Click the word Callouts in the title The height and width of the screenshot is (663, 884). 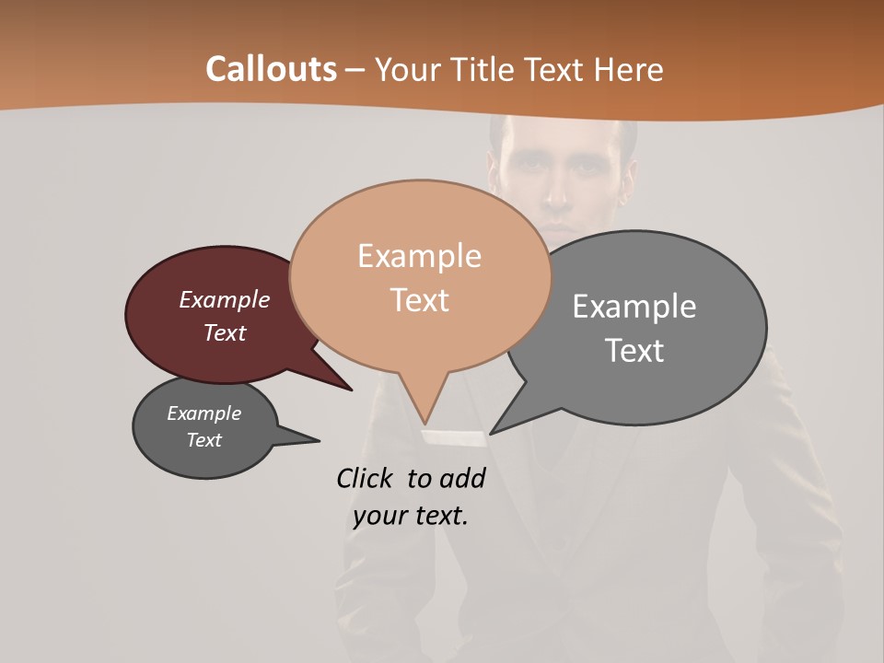(x=271, y=69)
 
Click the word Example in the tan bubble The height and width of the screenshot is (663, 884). (x=419, y=255)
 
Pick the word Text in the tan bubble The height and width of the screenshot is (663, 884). (x=419, y=299)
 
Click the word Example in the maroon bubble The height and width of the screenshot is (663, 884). (x=224, y=299)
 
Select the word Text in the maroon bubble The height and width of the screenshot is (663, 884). (x=224, y=332)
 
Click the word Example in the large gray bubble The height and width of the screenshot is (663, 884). (x=634, y=306)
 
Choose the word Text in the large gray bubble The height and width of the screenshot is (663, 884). (x=634, y=350)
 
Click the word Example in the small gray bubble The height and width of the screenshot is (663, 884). (x=204, y=413)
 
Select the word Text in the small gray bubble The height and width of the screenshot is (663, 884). (x=204, y=440)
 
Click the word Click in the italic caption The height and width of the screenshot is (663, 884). (x=365, y=478)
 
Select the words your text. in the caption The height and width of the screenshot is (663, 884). (x=411, y=516)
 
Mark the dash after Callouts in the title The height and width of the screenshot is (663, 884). (x=355, y=70)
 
